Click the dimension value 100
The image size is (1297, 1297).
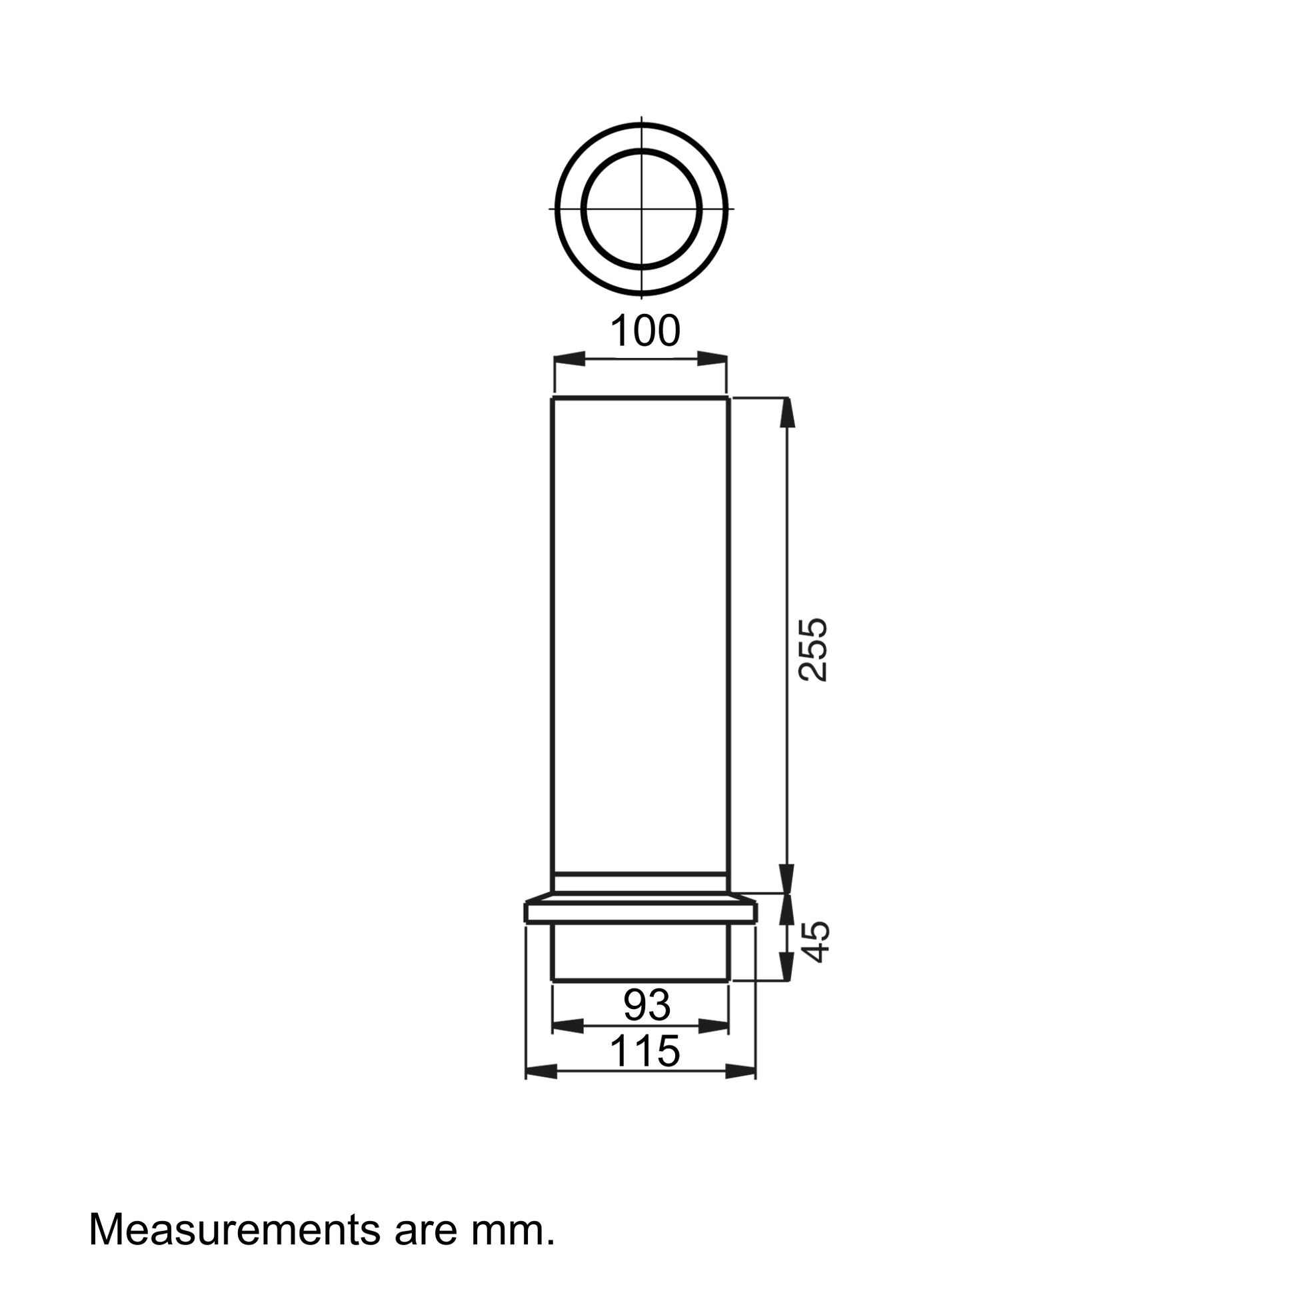[645, 331]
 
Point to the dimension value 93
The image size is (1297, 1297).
[647, 1005]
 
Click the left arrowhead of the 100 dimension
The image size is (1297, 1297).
[569, 359]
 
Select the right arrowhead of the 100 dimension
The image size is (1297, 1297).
[712, 359]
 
